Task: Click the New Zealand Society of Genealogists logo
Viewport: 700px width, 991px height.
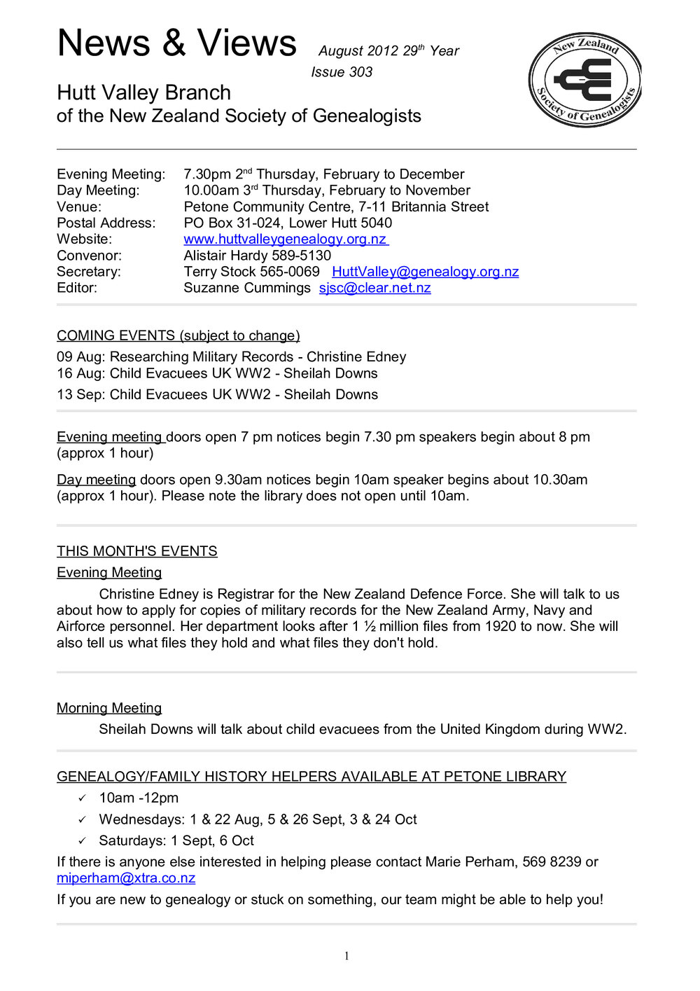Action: [x=584, y=79]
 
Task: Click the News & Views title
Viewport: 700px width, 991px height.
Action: [x=176, y=43]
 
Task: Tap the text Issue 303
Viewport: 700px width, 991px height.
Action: [x=342, y=72]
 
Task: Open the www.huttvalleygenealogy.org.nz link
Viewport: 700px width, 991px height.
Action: [x=286, y=240]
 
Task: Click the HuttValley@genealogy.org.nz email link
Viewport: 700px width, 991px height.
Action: [x=425, y=272]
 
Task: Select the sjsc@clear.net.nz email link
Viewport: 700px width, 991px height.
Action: [x=374, y=288]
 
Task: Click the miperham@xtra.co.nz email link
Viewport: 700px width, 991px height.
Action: [x=126, y=878]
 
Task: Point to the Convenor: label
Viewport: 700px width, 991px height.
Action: [x=89, y=256]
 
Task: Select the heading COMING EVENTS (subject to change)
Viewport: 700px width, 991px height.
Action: [x=178, y=335]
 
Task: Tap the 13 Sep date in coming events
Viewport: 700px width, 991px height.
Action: [x=79, y=395]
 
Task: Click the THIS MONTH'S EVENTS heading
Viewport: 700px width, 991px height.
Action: [x=136, y=551]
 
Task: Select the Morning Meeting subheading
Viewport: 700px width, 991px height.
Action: [x=109, y=708]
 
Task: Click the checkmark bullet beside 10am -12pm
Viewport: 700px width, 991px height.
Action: [x=82, y=798]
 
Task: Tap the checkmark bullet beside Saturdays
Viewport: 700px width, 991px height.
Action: [x=82, y=841]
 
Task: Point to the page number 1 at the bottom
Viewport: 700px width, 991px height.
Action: [x=346, y=956]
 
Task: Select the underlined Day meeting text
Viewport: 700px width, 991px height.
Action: [x=96, y=480]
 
